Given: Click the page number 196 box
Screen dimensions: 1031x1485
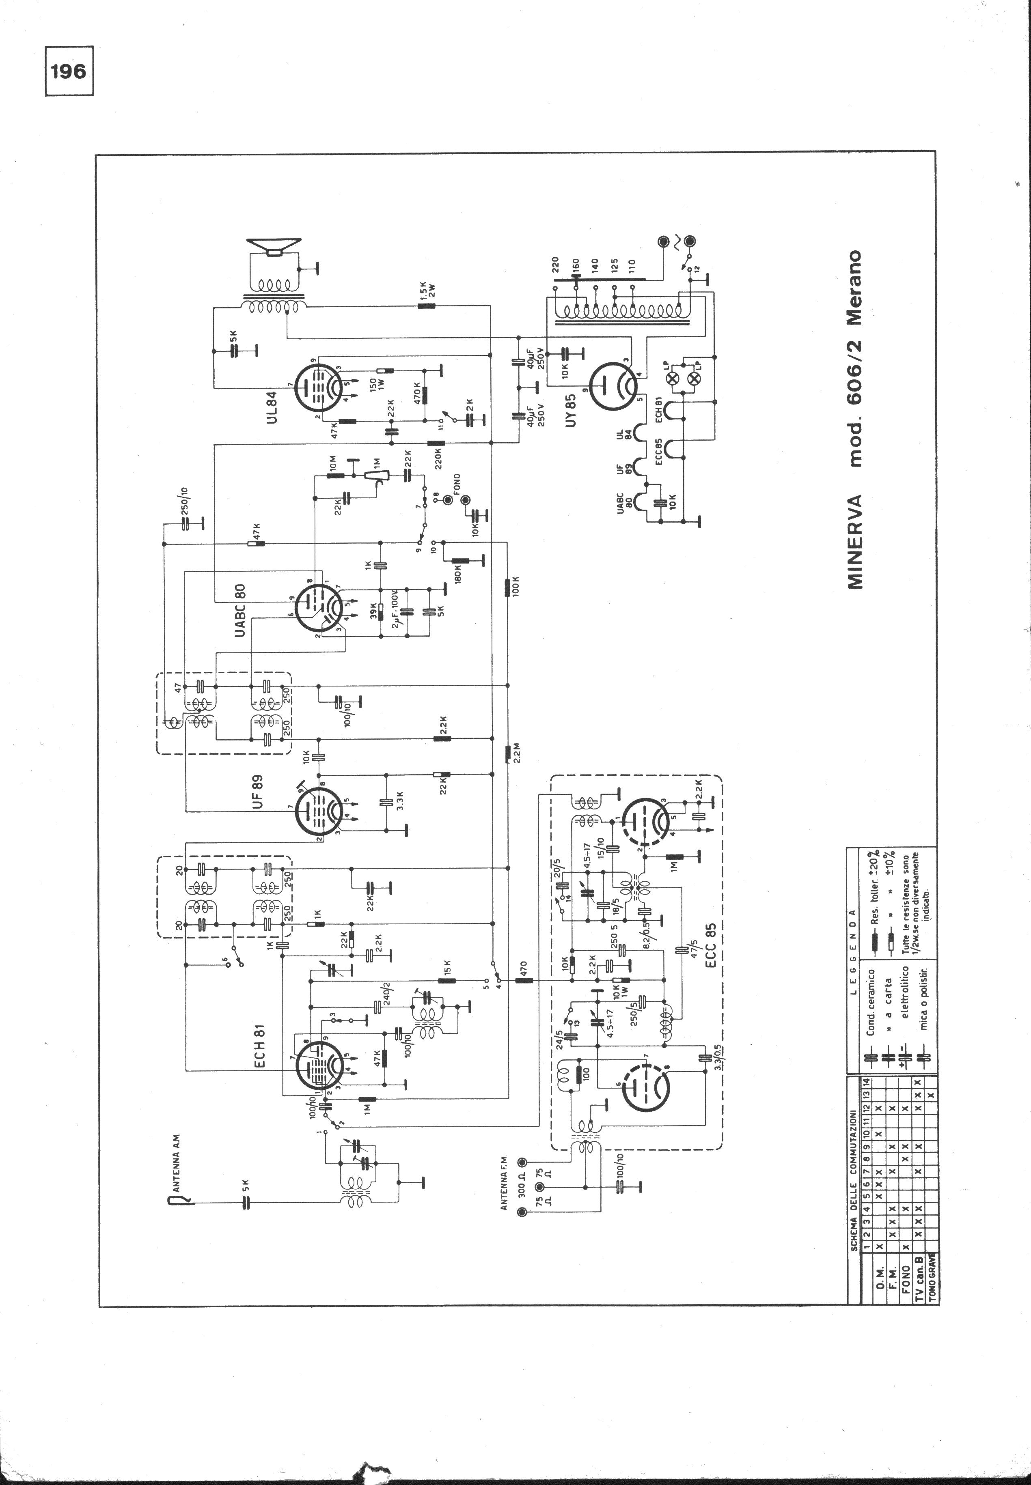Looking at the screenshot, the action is click(69, 71).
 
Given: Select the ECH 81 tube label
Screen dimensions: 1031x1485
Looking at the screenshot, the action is click(262, 1052).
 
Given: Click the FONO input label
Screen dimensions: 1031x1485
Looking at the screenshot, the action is click(457, 484).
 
